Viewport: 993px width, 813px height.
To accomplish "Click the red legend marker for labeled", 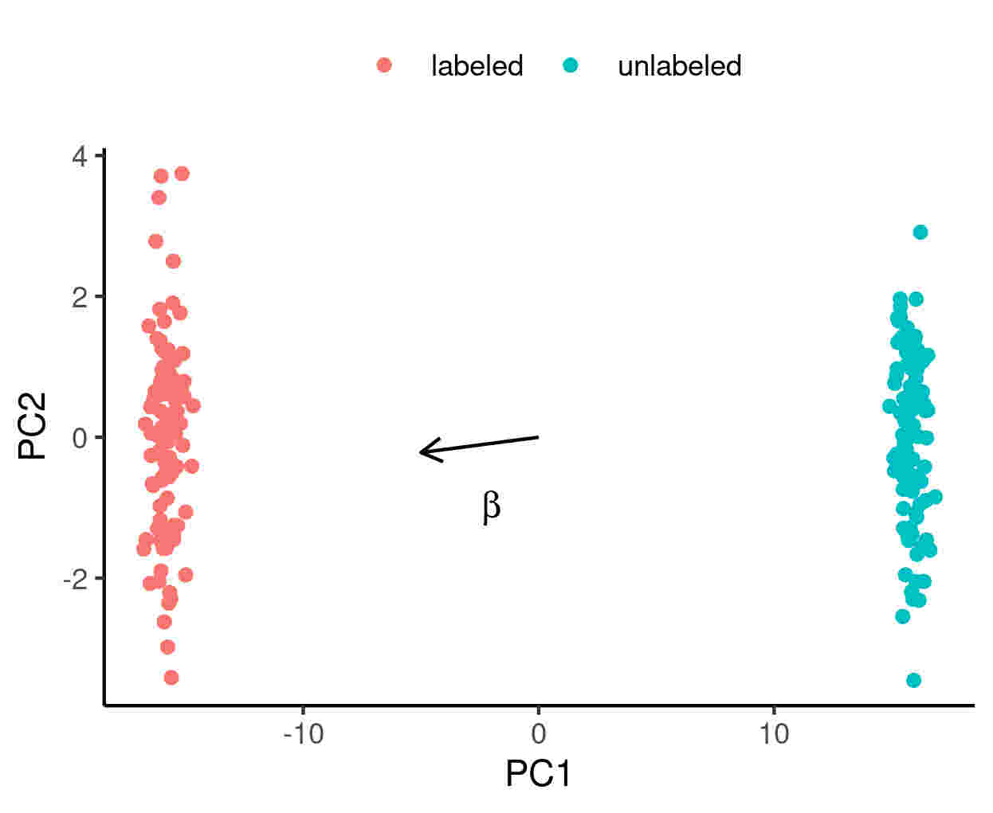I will (x=384, y=65).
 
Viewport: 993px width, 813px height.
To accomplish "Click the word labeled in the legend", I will (x=477, y=65).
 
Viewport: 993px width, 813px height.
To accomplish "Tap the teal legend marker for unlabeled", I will (x=570, y=65).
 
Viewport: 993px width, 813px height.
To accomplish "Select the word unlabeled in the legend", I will (x=679, y=65).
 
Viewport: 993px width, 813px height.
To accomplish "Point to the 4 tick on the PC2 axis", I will (x=80, y=156).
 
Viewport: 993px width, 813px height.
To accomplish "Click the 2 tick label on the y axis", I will (x=80, y=297).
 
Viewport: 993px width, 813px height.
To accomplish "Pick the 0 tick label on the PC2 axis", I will (x=80, y=437).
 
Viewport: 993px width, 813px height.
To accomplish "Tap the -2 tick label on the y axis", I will (x=77, y=579).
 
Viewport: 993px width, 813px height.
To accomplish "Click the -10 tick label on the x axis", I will (x=304, y=733).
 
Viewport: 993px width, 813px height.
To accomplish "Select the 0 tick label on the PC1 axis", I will (x=539, y=733).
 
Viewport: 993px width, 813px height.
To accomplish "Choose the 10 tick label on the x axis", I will (x=774, y=733).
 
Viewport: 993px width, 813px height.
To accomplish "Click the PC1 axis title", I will (x=539, y=774).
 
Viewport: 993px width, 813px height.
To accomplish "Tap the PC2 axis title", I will (x=33, y=426).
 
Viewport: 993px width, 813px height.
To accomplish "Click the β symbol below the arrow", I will (x=492, y=506).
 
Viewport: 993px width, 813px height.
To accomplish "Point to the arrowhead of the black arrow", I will (x=422, y=451).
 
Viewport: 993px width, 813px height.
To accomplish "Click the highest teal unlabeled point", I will (x=920, y=233).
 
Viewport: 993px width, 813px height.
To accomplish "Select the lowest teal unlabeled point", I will (x=914, y=680).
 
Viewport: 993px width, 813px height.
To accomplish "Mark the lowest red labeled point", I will (x=171, y=678).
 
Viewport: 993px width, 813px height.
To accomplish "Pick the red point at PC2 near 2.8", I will (x=156, y=241).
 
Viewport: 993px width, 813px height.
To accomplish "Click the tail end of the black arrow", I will (x=539, y=436).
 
